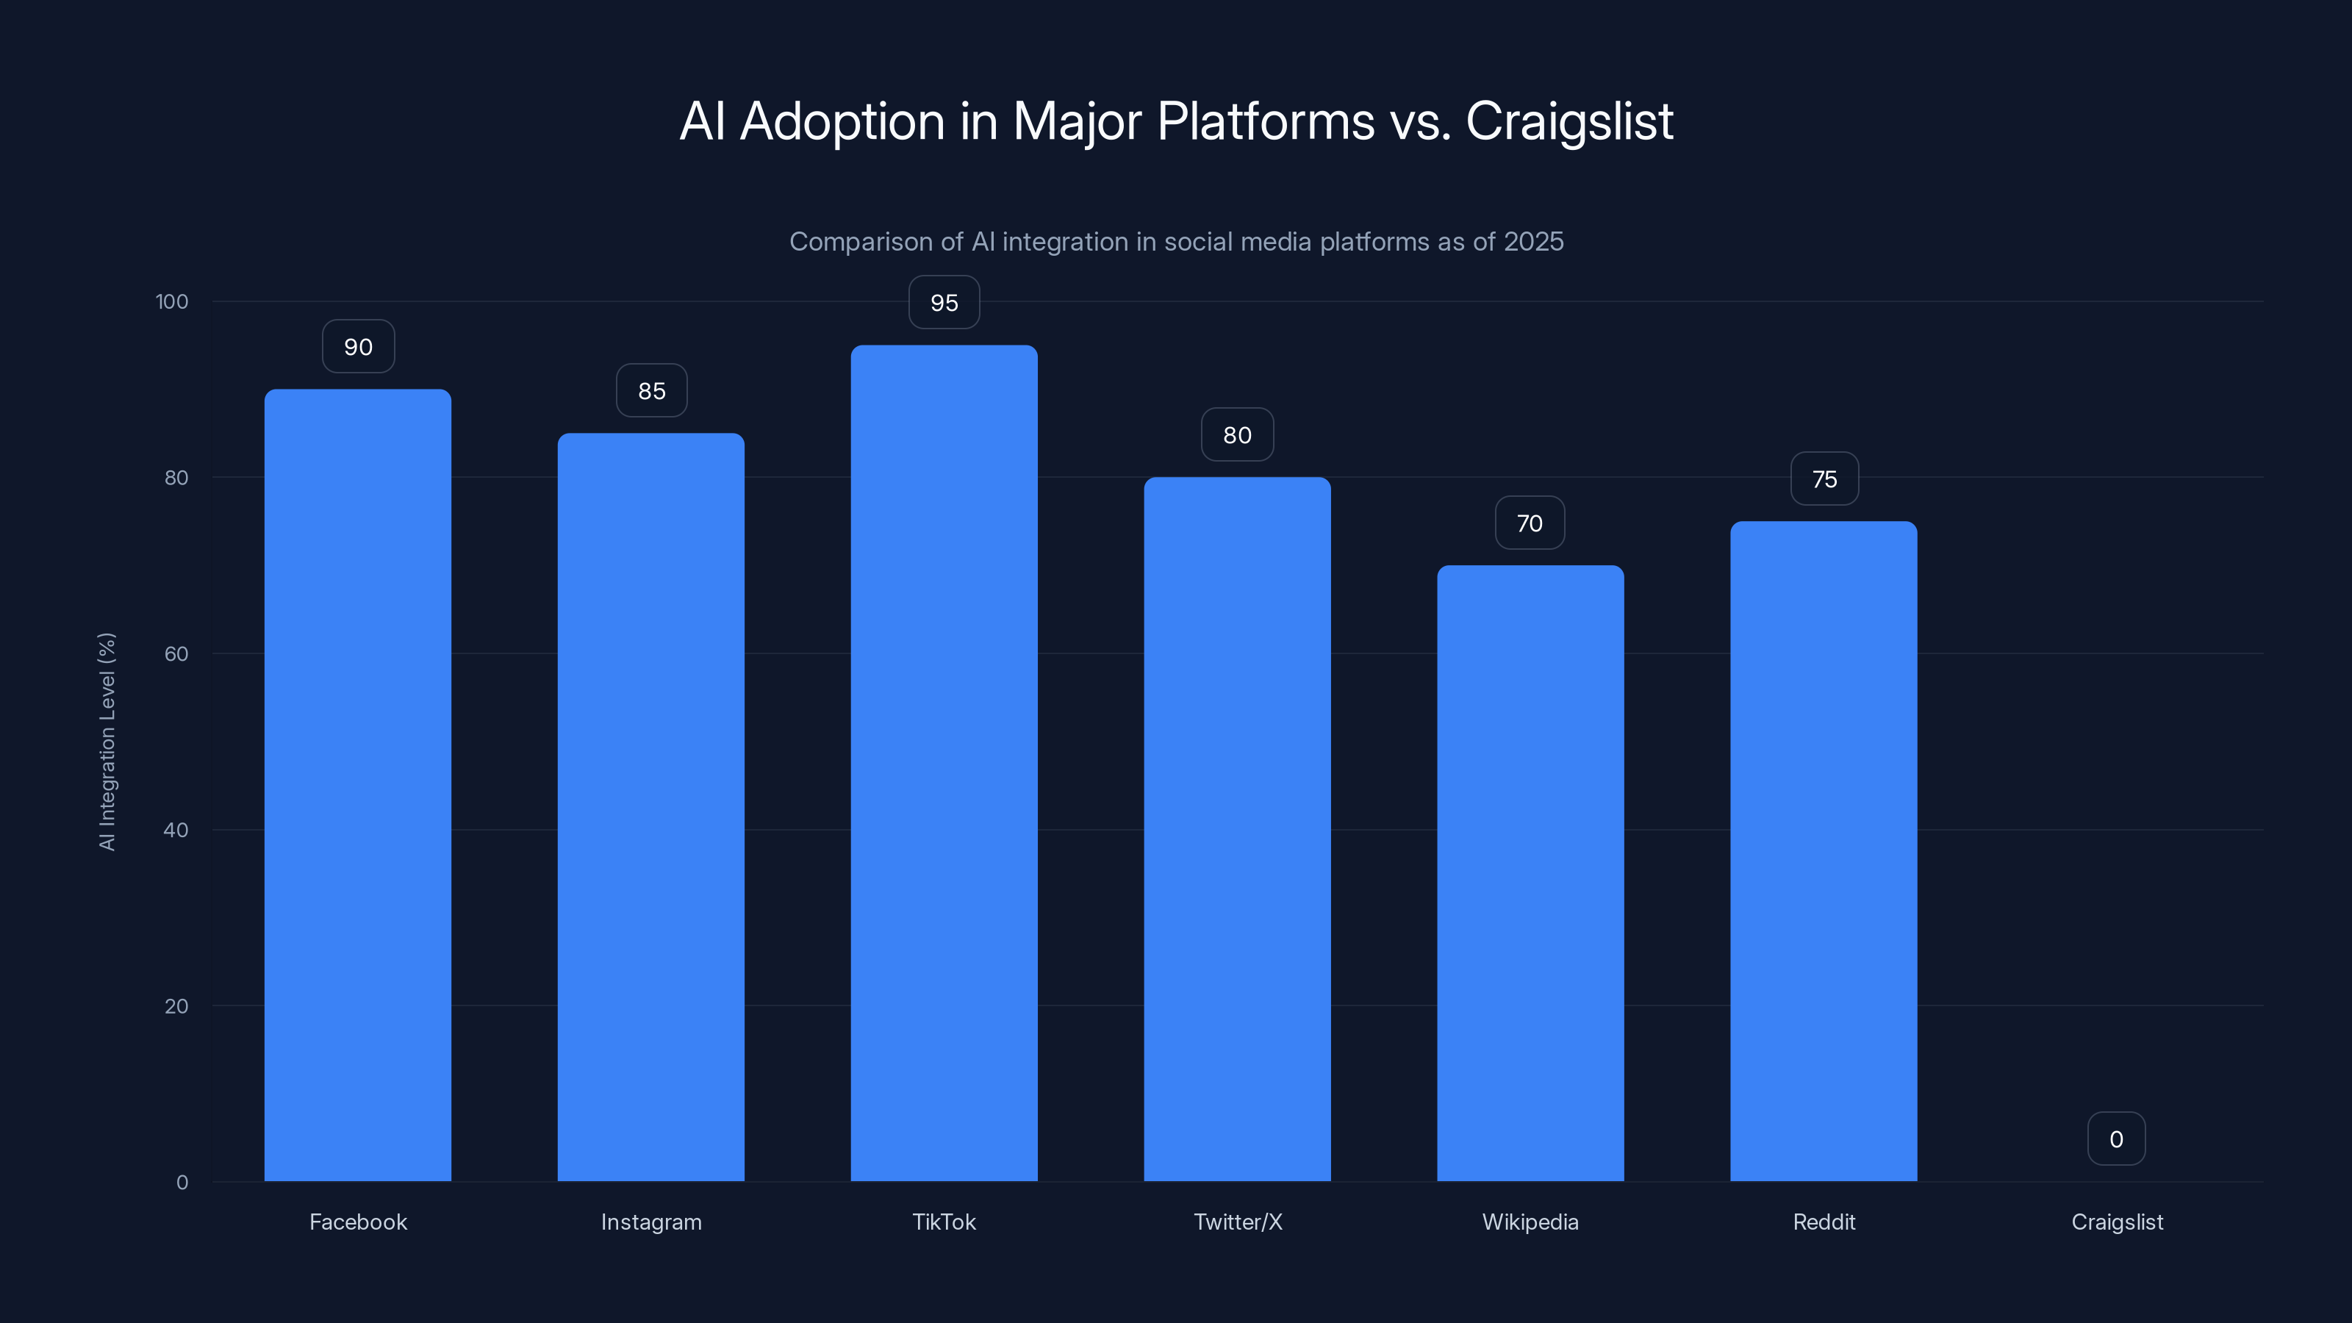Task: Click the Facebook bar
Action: (x=358, y=785)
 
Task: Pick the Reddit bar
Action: (x=1824, y=849)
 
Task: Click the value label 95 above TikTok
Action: (x=944, y=302)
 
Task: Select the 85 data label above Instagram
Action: (x=651, y=391)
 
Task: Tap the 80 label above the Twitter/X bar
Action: (x=1237, y=434)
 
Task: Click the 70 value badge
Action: (x=1530, y=523)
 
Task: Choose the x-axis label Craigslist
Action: (x=2117, y=1222)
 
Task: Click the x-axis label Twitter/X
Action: (x=1237, y=1222)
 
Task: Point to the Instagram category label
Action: (x=651, y=1222)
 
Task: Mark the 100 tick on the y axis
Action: (x=172, y=301)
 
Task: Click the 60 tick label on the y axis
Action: (x=176, y=653)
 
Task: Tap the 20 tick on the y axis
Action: (x=176, y=1006)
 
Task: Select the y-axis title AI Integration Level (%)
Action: (x=107, y=742)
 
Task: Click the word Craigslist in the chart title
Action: (x=1568, y=121)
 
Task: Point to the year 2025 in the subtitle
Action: (x=1533, y=241)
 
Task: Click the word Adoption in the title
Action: (x=842, y=121)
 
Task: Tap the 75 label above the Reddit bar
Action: (x=1824, y=479)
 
